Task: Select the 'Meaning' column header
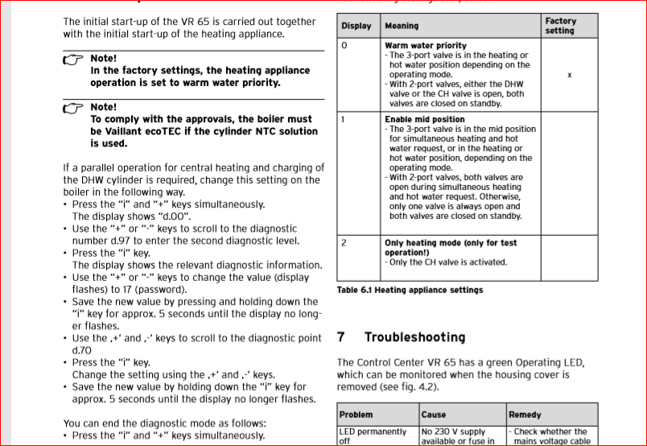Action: (402, 26)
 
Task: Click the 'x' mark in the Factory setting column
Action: (569, 75)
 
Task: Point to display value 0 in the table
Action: (344, 46)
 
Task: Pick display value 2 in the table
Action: (344, 242)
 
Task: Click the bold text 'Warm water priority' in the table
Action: (425, 46)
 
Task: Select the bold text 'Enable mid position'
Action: (424, 119)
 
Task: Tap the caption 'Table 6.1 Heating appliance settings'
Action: (410, 290)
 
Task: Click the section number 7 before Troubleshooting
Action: (341, 337)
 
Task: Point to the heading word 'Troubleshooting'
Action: (414, 337)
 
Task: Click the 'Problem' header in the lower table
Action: (356, 415)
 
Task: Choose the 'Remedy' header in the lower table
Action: (525, 415)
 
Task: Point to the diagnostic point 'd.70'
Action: (82, 350)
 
